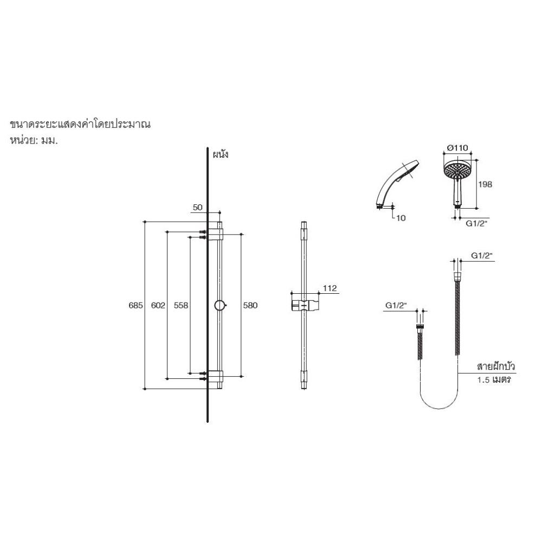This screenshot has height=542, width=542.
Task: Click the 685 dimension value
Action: click(x=135, y=306)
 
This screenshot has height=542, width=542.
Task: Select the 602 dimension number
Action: click(x=157, y=306)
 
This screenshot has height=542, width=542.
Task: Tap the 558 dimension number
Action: click(x=181, y=306)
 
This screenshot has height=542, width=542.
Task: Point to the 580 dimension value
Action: click(x=250, y=306)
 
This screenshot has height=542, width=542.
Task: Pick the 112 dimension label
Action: click(x=330, y=288)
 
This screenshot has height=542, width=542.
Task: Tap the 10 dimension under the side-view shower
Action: click(x=401, y=218)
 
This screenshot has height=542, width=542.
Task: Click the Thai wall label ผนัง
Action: click(x=221, y=154)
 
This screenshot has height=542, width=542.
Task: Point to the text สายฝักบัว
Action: click(x=495, y=367)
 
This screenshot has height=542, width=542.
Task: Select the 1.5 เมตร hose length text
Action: click(x=495, y=380)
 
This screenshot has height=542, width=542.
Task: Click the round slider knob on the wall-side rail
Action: click(x=219, y=305)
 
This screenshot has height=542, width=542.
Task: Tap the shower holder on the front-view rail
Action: click(x=303, y=304)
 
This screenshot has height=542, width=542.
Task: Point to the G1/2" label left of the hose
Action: click(x=396, y=306)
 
